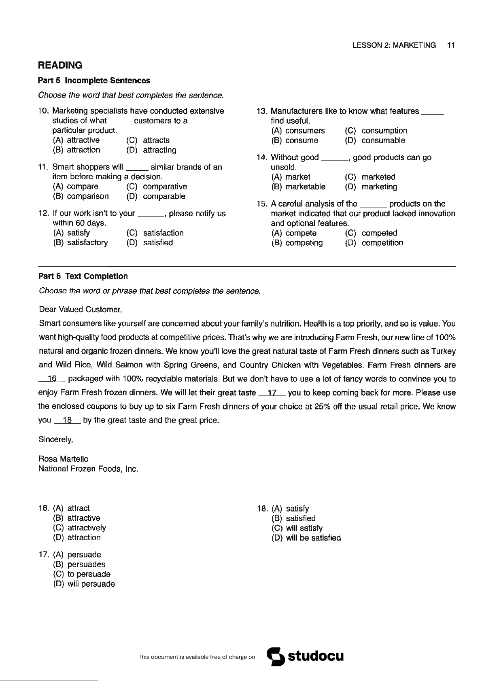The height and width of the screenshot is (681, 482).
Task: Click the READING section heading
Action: click(60, 65)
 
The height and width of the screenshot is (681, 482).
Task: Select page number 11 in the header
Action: click(451, 45)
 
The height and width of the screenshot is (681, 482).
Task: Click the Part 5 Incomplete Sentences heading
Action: click(94, 81)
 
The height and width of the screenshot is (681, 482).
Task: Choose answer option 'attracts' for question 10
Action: click(156, 140)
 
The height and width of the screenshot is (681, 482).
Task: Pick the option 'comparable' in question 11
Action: click(164, 197)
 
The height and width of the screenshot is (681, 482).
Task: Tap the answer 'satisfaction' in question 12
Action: click(163, 233)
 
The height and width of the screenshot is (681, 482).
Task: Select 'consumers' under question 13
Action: click(305, 131)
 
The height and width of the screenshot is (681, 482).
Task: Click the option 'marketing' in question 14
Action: click(379, 187)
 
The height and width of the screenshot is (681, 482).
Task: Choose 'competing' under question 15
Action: click(304, 243)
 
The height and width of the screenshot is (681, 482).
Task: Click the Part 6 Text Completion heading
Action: click(83, 276)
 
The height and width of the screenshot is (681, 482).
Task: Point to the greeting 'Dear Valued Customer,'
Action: click(80, 310)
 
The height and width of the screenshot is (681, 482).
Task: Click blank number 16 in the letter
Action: click(52, 379)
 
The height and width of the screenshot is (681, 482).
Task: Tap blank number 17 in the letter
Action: click(272, 393)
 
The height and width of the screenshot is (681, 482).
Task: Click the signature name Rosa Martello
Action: click(63, 459)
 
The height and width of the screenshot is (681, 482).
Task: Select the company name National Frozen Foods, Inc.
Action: click(88, 469)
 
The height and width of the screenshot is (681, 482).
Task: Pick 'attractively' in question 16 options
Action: click(87, 528)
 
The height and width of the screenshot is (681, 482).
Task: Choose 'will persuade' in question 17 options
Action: click(91, 584)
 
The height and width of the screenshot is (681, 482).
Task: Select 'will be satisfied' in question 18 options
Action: click(313, 538)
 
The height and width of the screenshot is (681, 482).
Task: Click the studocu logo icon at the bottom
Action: click(276, 656)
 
